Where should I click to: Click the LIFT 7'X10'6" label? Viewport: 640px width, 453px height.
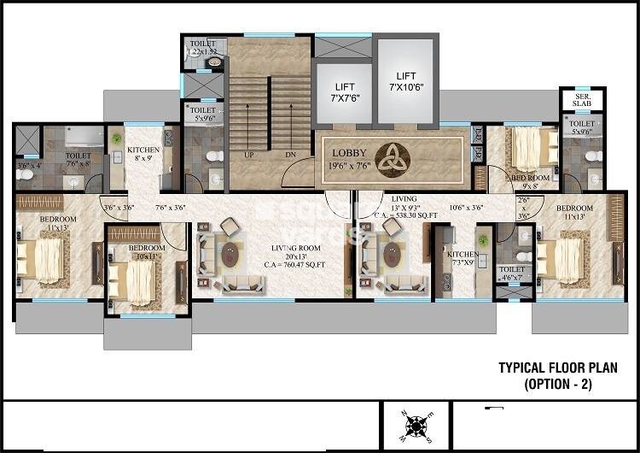[405, 81]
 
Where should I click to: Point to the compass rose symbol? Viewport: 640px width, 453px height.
[416, 425]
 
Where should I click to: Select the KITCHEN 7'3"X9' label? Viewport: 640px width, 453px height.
[461, 259]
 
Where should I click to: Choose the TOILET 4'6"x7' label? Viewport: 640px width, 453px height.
[512, 273]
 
